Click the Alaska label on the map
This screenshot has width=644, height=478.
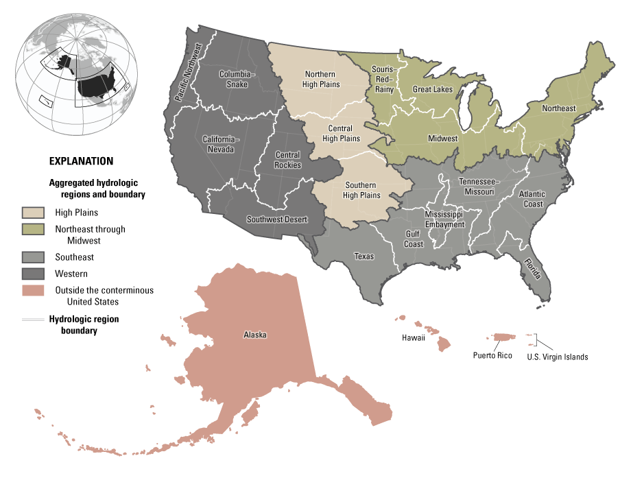[254, 335]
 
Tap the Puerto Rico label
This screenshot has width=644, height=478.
[492, 355]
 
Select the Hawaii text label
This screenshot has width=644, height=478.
[414, 338]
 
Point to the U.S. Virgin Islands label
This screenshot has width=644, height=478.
[557, 357]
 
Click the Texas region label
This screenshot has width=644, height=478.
[364, 256]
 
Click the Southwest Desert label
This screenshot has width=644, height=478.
[276, 220]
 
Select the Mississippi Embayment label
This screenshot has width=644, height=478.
[444, 219]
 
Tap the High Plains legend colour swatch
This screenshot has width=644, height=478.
[33, 213]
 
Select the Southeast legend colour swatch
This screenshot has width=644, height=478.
[33, 257]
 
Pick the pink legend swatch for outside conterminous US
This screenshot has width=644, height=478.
[33, 291]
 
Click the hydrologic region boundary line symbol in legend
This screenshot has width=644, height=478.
[33, 320]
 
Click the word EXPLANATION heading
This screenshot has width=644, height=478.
[81, 162]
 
